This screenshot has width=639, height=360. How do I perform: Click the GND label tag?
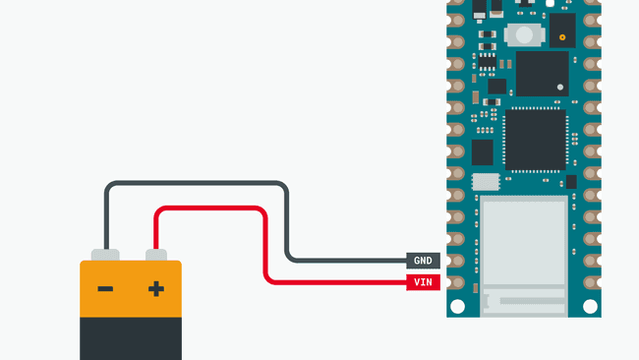(423, 261)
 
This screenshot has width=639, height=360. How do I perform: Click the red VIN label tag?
(423, 282)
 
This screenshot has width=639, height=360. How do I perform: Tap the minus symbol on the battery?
(105, 289)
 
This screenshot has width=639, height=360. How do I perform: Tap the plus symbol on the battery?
(155, 289)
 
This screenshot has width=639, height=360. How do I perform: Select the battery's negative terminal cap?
(105, 255)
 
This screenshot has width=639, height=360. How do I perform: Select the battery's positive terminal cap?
(155, 255)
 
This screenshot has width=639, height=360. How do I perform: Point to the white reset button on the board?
(525, 35)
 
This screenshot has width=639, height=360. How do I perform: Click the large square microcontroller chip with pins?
(535, 140)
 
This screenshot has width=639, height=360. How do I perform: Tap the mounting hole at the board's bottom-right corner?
(590, 306)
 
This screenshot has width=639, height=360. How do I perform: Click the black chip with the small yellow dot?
(562, 30)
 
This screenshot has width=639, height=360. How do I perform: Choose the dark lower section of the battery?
(131, 337)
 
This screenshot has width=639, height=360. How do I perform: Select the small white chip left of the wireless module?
(486, 181)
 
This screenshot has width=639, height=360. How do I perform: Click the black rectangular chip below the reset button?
(542, 74)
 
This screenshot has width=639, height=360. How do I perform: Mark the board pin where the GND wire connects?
(455, 261)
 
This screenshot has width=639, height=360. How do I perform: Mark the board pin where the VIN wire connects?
(455, 282)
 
